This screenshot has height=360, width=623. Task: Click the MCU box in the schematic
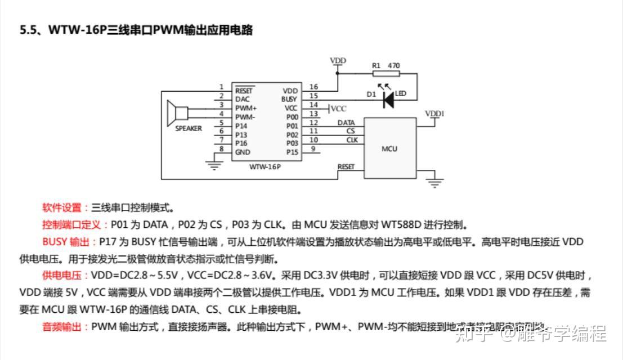pos(389,148)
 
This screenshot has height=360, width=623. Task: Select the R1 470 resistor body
pos(386,73)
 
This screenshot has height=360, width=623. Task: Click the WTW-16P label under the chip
pos(265,167)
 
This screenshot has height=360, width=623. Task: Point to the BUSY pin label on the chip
pos(289,99)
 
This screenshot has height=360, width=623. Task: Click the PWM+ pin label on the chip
pos(246,107)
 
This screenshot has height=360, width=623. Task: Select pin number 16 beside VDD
pos(314,87)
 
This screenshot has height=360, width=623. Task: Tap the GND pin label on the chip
pos(243,152)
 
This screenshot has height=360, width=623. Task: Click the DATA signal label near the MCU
pos(346,122)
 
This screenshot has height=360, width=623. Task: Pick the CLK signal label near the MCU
pos(352,139)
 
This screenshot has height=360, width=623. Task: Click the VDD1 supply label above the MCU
pos(434,114)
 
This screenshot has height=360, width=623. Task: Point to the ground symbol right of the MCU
pos(434,182)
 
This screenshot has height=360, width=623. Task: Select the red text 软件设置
pos(62,208)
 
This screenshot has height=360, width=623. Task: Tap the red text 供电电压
pos(62,276)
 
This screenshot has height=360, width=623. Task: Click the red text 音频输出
pos(62,327)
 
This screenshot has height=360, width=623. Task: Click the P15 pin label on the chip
pos(292,152)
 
